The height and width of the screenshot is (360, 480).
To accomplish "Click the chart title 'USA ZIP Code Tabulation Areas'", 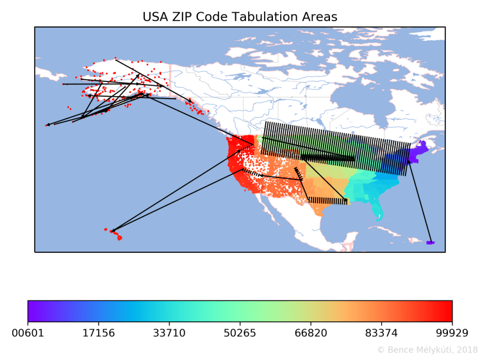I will coord(240,16).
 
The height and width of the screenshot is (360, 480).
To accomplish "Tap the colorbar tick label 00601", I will coord(28,333).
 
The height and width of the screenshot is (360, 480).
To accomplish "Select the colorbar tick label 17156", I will coord(99,333).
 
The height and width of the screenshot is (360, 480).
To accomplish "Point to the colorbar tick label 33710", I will coord(169,333).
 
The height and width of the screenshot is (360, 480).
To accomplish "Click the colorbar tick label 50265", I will coord(240,333).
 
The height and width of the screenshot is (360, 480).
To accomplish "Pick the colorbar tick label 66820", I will coord(311,333).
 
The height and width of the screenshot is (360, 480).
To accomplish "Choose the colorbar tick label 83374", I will coord(382,333).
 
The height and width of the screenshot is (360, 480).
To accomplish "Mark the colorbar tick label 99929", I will coord(452,333).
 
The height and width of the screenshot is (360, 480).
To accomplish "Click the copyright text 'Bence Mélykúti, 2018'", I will coord(431,350).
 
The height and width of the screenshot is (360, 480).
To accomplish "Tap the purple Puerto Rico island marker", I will coord(429,243).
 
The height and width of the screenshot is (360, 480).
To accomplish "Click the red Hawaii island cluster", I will coord(117,234).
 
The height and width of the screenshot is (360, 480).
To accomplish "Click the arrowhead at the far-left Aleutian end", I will coord(47,125).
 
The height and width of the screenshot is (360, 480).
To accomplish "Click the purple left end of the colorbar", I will coord(32,311).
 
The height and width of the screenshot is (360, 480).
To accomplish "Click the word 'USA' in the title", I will coord(157,16).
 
